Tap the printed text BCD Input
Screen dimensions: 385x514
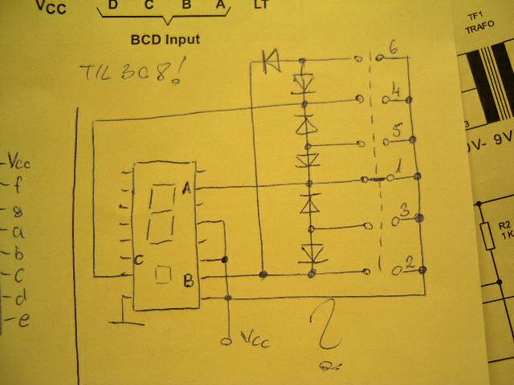165,38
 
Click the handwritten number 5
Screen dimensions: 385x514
396,130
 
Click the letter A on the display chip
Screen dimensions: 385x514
186,188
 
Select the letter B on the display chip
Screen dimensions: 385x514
188,280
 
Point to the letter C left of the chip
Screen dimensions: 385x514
138,259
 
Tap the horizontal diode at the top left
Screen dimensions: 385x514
270,59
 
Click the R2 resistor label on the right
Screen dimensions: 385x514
504,230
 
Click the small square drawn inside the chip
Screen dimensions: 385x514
162,274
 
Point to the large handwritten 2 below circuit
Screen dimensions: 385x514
327,326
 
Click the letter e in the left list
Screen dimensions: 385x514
24,321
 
